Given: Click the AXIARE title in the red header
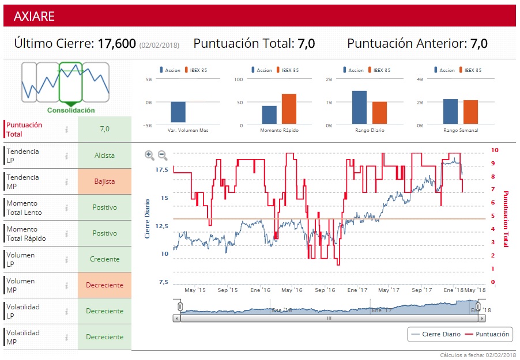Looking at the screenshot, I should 34,16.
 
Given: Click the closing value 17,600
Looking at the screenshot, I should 116,44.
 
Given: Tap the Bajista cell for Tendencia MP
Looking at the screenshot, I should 104,181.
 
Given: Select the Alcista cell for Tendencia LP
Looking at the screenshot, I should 104,156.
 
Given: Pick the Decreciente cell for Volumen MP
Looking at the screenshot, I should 104,285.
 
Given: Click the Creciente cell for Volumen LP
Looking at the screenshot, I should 104,259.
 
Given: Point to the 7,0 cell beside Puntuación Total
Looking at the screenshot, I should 104,129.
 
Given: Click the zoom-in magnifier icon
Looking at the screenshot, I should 149,155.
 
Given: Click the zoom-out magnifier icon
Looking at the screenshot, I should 163,155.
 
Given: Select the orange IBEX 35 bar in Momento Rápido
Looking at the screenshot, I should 289,108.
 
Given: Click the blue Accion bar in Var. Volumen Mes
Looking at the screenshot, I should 178,112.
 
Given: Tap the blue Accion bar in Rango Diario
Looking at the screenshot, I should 359,107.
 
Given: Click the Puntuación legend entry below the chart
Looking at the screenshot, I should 487,334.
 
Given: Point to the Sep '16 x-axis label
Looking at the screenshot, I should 324,290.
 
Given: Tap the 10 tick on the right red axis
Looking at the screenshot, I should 494,150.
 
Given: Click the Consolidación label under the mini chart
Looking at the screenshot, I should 71,110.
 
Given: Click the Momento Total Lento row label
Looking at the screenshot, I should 24,208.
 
